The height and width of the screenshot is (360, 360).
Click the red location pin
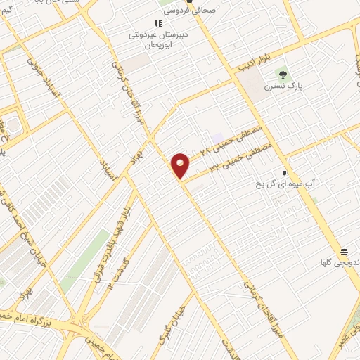coord(181,165)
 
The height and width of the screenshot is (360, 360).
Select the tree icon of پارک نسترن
coord(282,74)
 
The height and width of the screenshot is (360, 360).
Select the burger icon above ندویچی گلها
coord(344,251)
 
